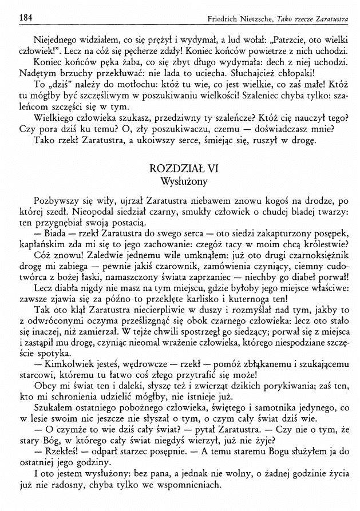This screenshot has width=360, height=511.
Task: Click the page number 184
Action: coord(25,18)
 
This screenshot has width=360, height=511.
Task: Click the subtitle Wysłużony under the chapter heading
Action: coord(180,181)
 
